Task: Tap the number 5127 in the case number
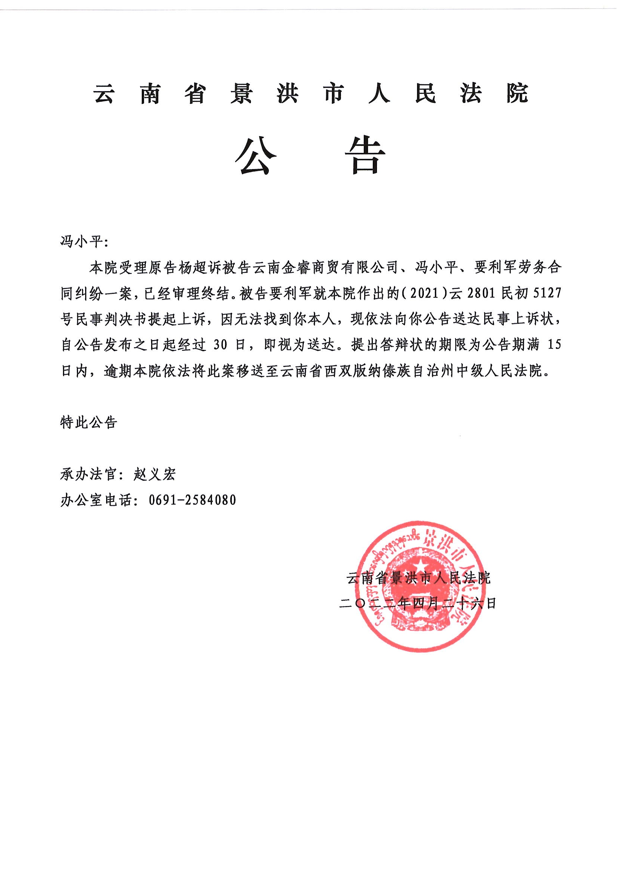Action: pyautogui.click(x=547, y=294)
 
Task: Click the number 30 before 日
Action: pyautogui.click(x=221, y=345)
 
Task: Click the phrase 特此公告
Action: pyautogui.click(x=89, y=422)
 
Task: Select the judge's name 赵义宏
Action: pyautogui.click(x=154, y=475)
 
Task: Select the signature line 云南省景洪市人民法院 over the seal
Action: pyautogui.click(x=418, y=578)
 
